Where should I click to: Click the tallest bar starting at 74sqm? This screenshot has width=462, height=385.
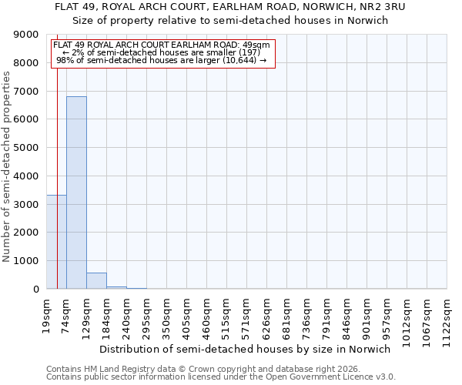pyautogui.click(x=76, y=192)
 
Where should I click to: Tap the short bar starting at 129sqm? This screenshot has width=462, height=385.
pyautogui.click(x=96, y=281)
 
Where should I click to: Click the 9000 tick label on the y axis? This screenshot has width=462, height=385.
pyautogui.click(x=26, y=35)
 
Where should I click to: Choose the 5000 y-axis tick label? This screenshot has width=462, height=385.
pyautogui.click(x=26, y=148)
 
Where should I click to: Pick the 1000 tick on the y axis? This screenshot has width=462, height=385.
pyautogui.click(x=26, y=261)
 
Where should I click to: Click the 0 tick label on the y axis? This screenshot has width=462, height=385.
pyautogui.click(x=35, y=290)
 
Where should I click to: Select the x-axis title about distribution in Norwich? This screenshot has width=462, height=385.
pyautogui.click(x=246, y=349)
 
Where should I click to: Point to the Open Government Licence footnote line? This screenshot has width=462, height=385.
pyautogui.click(x=221, y=377)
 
